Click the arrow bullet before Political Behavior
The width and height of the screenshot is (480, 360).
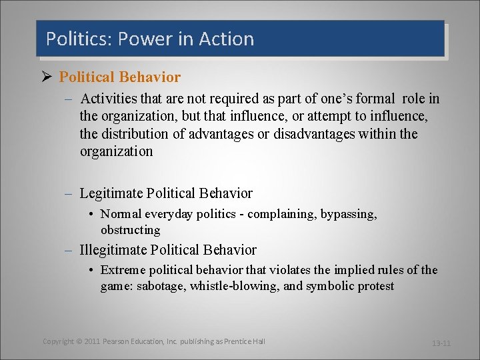tap(46, 77)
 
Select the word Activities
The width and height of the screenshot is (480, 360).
tap(107, 99)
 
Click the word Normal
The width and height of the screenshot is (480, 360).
tap(123, 214)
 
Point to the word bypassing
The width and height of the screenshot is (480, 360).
tap(349, 214)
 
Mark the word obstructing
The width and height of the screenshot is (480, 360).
tap(131, 230)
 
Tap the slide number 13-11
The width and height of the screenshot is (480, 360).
tap(441, 343)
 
